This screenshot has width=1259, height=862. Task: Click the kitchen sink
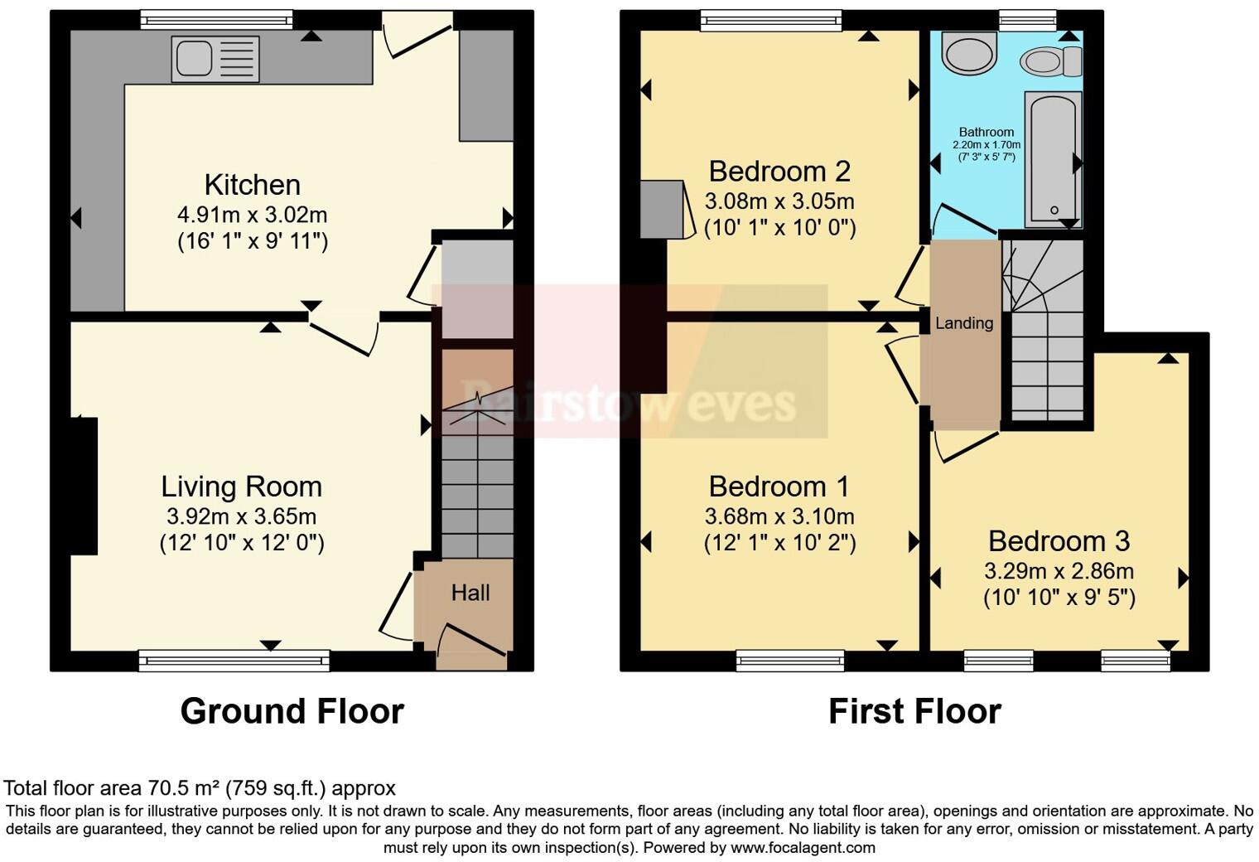tap(215, 59)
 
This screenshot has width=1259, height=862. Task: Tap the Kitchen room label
tap(253, 185)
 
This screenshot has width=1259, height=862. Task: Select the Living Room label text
tap(242, 487)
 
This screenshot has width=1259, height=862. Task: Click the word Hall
tap(470, 593)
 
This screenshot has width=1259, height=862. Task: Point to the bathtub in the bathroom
tap(1054, 160)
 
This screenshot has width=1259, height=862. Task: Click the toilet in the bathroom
tap(1050, 61)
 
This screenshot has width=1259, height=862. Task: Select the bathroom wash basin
tap(969, 52)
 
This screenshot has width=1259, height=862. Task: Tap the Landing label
tap(964, 323)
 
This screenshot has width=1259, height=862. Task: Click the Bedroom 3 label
tap(1059, 541)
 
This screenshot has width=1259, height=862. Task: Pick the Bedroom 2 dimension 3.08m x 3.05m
tap(779, 201)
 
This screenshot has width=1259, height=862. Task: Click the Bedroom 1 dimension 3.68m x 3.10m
tap(779, 516)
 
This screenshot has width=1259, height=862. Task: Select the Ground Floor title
tap(292, 711)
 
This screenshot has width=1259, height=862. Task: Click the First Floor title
tap(915, 711)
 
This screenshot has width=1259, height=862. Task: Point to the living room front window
tap(234, 661)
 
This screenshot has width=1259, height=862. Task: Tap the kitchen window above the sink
tap(216, 20)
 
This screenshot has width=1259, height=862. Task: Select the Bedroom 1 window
tap(790, 661)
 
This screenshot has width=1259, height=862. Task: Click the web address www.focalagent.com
tap(803, 847)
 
